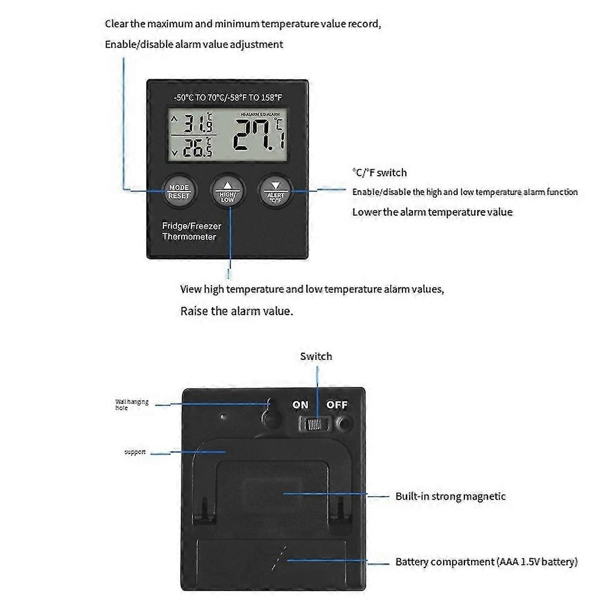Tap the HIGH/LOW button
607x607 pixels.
[227, 191]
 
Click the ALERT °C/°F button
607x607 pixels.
[276, 191]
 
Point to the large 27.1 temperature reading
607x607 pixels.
[259, 136]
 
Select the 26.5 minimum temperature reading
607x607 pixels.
[197, 148]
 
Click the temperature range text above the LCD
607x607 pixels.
[227, 98]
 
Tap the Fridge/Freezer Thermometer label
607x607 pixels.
[191, 231]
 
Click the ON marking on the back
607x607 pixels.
[300, 405]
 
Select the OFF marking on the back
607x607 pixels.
[337, 405]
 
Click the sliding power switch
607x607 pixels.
[315, 424]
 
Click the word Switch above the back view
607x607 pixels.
[316, 357]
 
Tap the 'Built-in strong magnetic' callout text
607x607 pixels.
[450, 497]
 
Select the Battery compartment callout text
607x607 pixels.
[486, 562]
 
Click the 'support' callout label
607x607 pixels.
[135, 452]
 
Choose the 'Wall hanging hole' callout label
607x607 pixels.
[132, 405]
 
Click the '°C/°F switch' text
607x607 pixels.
[380, 173]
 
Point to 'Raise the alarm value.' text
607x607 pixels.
[236, 311]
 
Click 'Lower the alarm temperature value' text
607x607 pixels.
[432, 212]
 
